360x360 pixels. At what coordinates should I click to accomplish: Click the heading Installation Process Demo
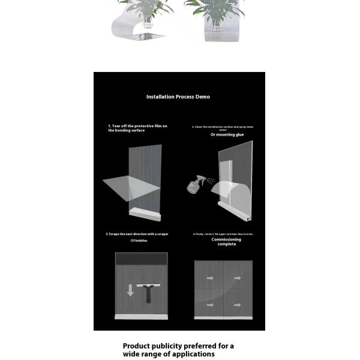(178, 97)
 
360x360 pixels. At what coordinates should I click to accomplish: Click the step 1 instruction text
(137, 128)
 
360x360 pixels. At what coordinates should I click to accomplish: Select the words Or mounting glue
(227, 135)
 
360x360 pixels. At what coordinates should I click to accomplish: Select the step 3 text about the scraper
(137, 234)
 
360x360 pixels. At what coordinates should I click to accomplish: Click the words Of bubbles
(139, 241)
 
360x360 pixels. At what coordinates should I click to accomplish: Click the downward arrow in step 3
(130, 291)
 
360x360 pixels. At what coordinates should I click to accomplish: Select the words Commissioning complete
(227, 242)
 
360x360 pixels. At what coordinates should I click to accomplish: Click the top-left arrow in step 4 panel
(210, 278)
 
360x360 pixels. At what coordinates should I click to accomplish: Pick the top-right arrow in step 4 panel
(238, 278)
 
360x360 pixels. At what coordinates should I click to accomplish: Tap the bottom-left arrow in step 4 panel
(210, 305)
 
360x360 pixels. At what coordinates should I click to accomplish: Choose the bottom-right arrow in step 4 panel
(238, 305)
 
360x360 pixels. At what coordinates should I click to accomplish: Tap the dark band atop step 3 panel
(142, 259)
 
